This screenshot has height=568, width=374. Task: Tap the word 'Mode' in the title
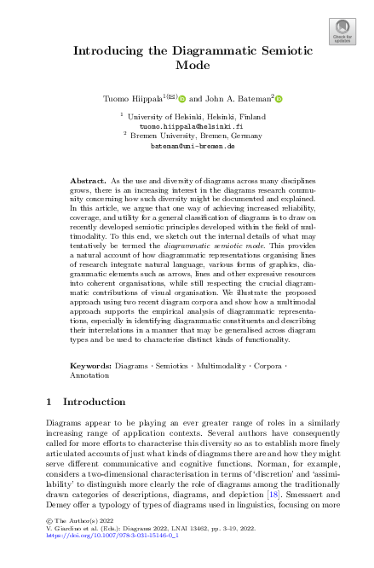186,65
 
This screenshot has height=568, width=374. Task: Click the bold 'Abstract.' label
87,182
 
